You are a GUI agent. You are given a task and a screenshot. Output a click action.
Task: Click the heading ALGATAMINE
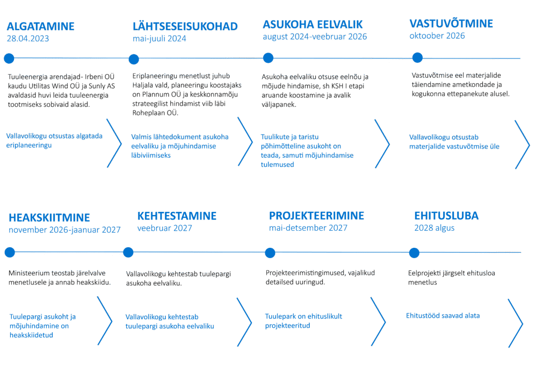click(41, 27)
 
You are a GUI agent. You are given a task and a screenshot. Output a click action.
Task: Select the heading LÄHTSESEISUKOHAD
click(185, 27)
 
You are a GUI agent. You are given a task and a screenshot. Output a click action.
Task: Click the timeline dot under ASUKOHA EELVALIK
click(267, 58)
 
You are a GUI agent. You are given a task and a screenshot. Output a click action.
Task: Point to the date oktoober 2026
click(437, 36)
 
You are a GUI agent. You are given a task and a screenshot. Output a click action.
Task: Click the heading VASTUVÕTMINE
click(451, 24)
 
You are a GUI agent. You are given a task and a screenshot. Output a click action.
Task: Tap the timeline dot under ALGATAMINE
click(9, 58)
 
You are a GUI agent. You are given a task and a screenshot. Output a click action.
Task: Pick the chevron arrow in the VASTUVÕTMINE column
click(522, 144)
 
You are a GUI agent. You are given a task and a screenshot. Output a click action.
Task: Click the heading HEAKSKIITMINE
click(49, 218)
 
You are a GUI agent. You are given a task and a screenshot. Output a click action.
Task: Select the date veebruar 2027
click(165, 228)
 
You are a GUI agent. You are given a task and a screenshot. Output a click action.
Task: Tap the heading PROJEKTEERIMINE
click(316, 216)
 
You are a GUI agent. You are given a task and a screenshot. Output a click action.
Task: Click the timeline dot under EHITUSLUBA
click(414, 252)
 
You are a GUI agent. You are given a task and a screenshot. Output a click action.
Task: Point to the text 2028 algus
click(435, 228)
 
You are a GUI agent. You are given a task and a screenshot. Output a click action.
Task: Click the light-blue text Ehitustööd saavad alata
click(443, 315)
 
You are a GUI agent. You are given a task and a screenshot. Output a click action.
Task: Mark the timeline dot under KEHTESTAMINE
click(128, 252)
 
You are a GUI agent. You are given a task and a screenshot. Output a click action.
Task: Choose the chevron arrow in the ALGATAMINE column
click(114, 143)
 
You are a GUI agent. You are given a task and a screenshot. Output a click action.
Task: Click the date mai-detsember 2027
click(308, 228)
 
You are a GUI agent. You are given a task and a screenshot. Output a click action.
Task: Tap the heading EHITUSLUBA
click(446, 216)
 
